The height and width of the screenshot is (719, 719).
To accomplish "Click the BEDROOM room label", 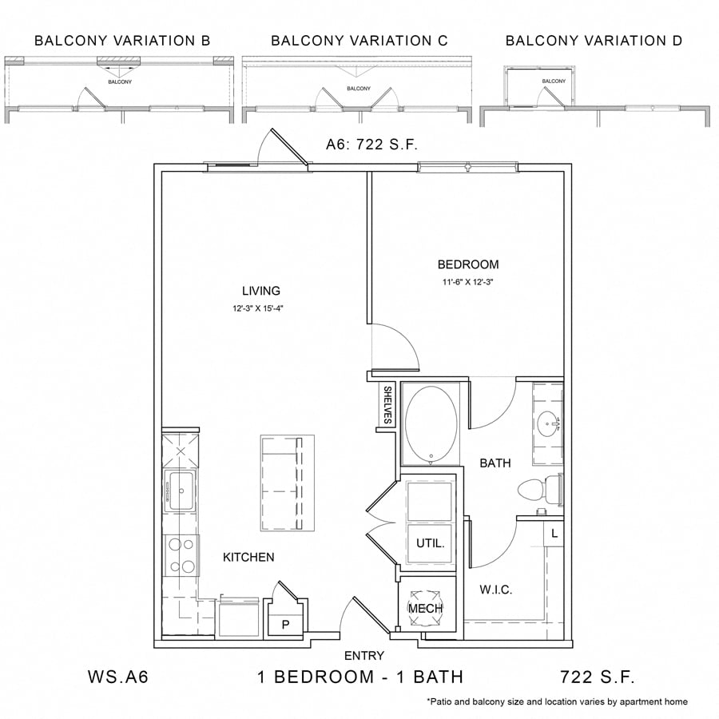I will (467, 264).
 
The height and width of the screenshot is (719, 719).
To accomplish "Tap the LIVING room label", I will (261, 291).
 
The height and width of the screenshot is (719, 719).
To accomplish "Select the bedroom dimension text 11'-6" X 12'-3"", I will (467, 281).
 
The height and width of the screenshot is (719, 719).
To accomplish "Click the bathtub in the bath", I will (431, 423).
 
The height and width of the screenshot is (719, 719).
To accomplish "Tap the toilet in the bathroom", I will (536, 488).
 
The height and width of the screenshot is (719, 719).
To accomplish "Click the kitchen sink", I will (180, 490).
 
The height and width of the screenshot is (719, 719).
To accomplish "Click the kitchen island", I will (287, 483).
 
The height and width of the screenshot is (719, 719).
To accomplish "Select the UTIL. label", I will (431, 543).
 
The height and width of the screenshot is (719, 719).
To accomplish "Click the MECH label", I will (426, 608).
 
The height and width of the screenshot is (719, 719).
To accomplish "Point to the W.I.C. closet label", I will (496, 590).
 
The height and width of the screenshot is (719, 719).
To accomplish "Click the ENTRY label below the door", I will (364, 656).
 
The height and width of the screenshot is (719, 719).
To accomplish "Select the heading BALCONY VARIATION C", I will (359, 41).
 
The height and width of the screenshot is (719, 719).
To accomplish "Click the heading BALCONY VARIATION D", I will (594, 41).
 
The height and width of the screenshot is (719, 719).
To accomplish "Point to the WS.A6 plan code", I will (117, 677).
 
